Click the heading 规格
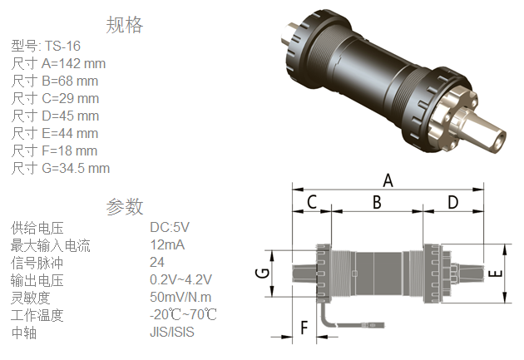125,26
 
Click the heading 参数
125,206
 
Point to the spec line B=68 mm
55,81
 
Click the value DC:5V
170,227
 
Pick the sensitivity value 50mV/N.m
180,297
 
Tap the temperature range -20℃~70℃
184,314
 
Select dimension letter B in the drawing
377,202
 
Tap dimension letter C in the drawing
312,202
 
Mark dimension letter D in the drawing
453,202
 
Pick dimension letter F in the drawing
304,328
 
